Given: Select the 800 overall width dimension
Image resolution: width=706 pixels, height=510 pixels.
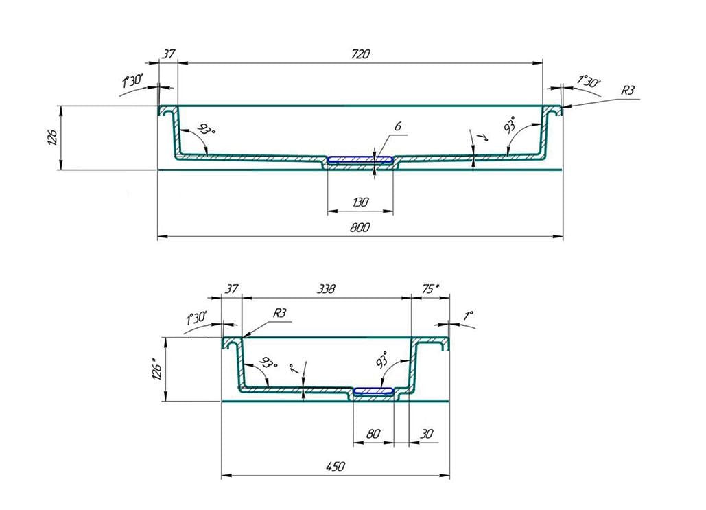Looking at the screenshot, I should (360, 228).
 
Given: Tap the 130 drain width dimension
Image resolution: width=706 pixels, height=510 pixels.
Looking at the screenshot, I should (360, 202).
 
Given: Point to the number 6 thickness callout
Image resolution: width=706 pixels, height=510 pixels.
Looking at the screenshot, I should (397, 126).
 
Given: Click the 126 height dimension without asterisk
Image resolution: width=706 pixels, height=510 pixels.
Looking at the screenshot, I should (52, 138).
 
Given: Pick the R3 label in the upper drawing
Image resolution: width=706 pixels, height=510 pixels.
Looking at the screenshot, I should (628, 91).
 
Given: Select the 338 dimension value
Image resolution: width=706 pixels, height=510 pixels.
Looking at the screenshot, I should (326, 290).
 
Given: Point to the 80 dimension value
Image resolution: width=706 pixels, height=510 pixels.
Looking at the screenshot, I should (373, 434).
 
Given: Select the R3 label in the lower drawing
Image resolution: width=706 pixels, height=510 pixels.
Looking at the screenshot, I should (279, 313).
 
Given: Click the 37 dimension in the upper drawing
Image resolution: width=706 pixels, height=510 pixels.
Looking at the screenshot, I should (168, 54).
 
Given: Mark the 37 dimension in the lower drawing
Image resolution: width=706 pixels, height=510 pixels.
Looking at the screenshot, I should (232, 290).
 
